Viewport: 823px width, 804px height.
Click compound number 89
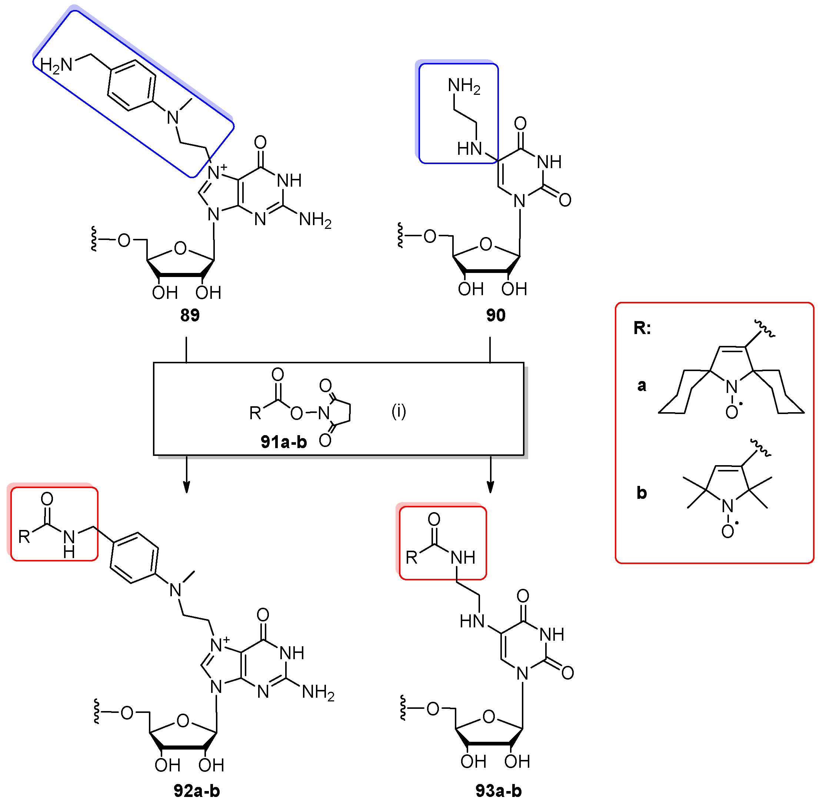click(190, 315)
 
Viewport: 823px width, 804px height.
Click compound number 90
click(495, 315)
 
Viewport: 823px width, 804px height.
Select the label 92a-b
click(197, 791)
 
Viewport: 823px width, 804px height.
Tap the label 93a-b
click(498, 791)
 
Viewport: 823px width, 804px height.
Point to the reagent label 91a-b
click(283, 442)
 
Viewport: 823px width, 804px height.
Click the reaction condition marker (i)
click(399, 411)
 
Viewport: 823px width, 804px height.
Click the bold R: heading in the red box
click(642, 328)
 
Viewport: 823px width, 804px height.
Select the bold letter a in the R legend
click(642, 385)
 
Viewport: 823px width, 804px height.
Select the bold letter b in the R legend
click(642, 493)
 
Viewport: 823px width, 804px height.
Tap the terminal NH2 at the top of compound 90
click(464, 86)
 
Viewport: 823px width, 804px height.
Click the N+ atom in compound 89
click(215, 172)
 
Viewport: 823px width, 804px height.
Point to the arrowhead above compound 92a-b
click(186, 488)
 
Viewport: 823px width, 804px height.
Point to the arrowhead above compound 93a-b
click(490, 488)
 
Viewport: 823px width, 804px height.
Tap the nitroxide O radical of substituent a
click(732, 412)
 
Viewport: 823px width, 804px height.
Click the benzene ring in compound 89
click(131, 85)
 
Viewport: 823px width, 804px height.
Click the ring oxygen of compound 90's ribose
click(486, 244)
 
